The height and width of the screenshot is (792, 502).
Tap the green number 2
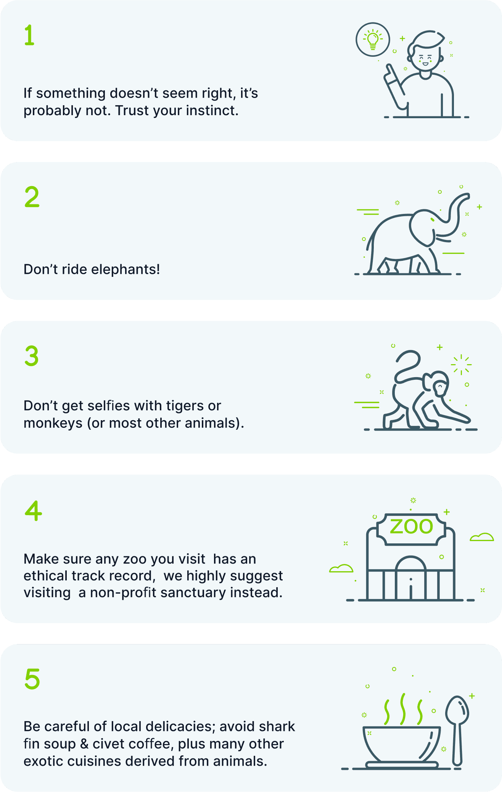click(32, 197)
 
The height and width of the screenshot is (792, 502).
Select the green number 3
click(32, 356)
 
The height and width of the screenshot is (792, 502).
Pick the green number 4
click(33, 511)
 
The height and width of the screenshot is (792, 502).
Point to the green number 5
click(32, 679)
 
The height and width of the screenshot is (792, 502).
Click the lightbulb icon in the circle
click(373, 40)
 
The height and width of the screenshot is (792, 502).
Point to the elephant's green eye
click(432, 220)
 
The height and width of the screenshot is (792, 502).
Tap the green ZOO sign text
click(411, 527)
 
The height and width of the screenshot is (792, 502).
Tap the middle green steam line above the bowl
click(402, 709)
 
